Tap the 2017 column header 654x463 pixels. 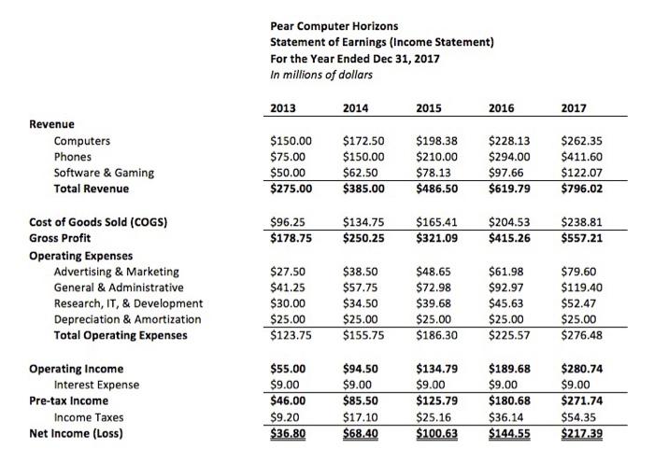point(572,108)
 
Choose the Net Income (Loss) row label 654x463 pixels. point(78,433)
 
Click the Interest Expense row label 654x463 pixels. point(96,385)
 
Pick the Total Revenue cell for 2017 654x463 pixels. point(581,188)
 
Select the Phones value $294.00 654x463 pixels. point(509,157)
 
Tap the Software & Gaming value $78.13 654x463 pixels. point(434,172)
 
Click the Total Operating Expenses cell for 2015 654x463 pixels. point(436,334)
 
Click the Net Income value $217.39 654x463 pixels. point(580,433)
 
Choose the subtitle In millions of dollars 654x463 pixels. point(320,75)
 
